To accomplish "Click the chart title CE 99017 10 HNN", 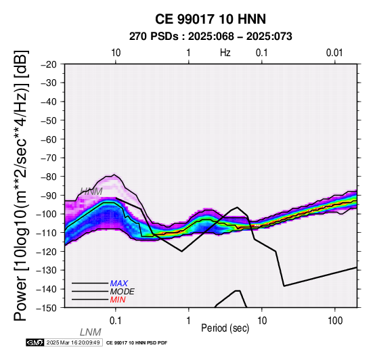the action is coord(211,19).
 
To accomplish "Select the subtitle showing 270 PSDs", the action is coord(211,37).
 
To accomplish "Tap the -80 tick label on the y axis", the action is coord(49,177).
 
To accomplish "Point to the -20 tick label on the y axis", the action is coord(49,64).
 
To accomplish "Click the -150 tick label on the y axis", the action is coord(47,308).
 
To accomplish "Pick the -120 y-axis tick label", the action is coord(47,252).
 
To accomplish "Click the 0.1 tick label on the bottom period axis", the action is coord(116,321).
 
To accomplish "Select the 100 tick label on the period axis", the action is coord(335,321).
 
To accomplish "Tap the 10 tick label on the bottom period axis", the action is coord(262,321).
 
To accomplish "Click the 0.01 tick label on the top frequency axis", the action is coord(334,53).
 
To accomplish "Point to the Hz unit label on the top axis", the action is coord(225,53).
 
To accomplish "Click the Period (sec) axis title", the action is coord(225,328).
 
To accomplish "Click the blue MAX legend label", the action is coord(118,284).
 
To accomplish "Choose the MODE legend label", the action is coord(123,292).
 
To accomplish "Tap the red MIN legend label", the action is coord(118,300).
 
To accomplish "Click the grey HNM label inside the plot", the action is coord(91,192).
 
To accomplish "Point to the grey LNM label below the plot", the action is coord(91,332).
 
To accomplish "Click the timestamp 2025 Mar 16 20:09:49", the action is coord(73,343).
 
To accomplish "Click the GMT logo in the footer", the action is coord(35,342).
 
